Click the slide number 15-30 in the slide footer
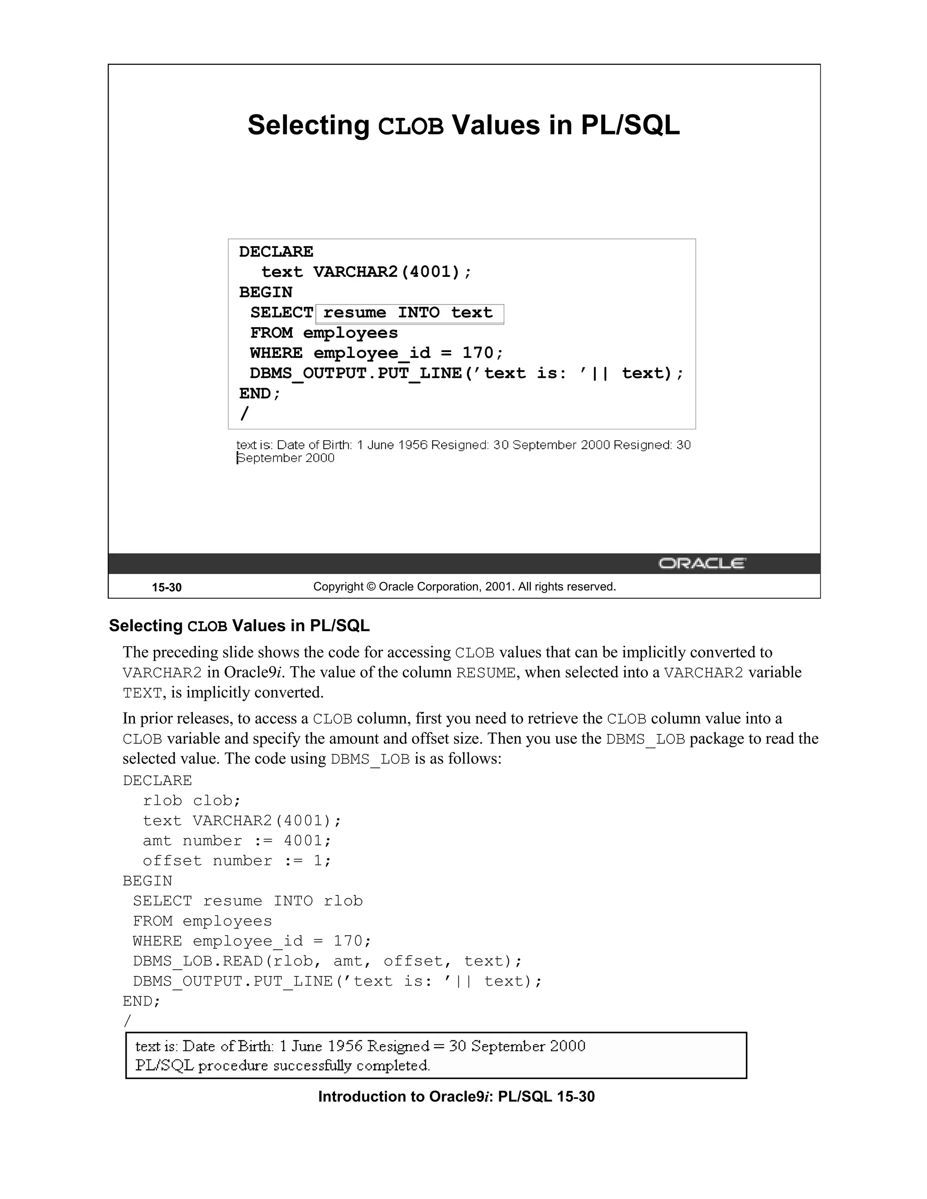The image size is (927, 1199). tap(167, 587)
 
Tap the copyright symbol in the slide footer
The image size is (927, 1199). tap(371, 587)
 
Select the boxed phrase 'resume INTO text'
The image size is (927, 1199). tap(409, 313)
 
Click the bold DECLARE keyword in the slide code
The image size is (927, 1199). tap(276, 252)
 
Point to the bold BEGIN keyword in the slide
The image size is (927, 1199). tap(266, 293)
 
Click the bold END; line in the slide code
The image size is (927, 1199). tap(260, 394)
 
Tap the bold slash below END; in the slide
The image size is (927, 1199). tap(244, 413)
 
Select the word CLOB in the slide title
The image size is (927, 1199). tap(411, 126)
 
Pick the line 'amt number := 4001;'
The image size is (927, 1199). tap(237, 841)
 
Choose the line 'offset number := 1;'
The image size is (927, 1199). tap(237, 861)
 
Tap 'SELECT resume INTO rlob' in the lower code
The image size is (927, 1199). tap(248, 901)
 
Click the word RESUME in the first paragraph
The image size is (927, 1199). tap(486, 673)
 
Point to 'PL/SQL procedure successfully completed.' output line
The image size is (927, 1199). tap(282, 1066)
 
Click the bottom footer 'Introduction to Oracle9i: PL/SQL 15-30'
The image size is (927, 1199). tap(456, 1097)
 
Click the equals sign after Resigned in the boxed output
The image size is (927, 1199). tap(438, 1047)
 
